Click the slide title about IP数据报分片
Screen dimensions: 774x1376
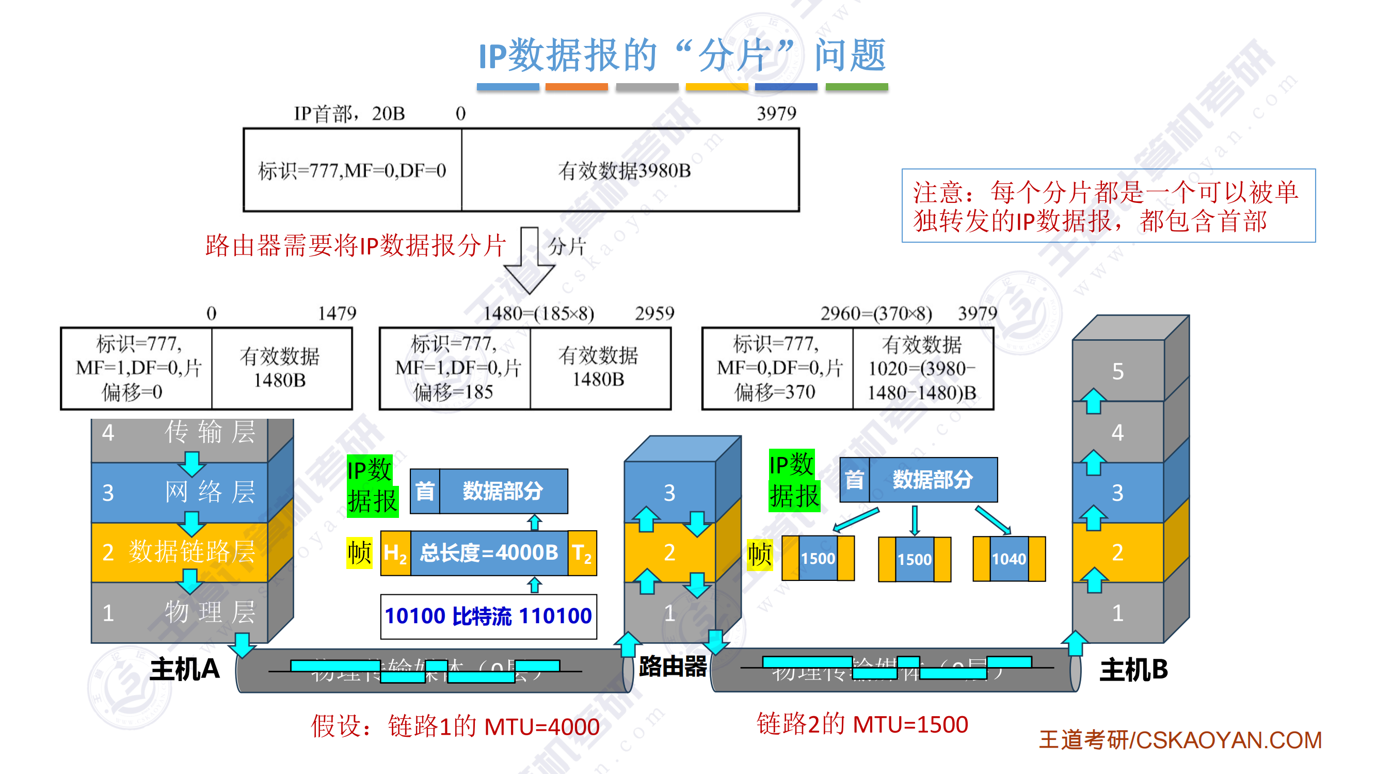pos(682,55)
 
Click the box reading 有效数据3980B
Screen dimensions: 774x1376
pos(629,170)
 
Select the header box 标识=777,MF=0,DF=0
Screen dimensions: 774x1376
pos(352,170)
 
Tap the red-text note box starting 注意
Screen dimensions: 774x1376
pos(1108,206)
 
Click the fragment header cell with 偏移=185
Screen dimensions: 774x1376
pos(455,368)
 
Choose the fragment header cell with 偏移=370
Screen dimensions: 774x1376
pos(777,368)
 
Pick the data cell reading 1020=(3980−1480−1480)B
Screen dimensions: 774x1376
pos(922,368)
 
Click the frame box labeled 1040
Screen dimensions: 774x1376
pos(1009,559)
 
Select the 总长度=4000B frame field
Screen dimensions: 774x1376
pos(489,552)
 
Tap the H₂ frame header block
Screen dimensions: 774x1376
pos(395,552)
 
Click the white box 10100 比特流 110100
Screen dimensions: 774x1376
pos(488,617)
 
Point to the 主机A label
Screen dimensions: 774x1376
pos(184,669)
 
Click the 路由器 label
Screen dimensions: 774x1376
pos(673,666)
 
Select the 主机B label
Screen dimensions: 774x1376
pos(1133,669)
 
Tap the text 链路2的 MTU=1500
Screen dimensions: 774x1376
pos(862,724)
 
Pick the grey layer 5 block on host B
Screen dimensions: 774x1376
pos(1118,370)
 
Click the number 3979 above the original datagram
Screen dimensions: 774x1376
pos(776,113)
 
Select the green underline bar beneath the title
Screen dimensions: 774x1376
pos(856,87)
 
